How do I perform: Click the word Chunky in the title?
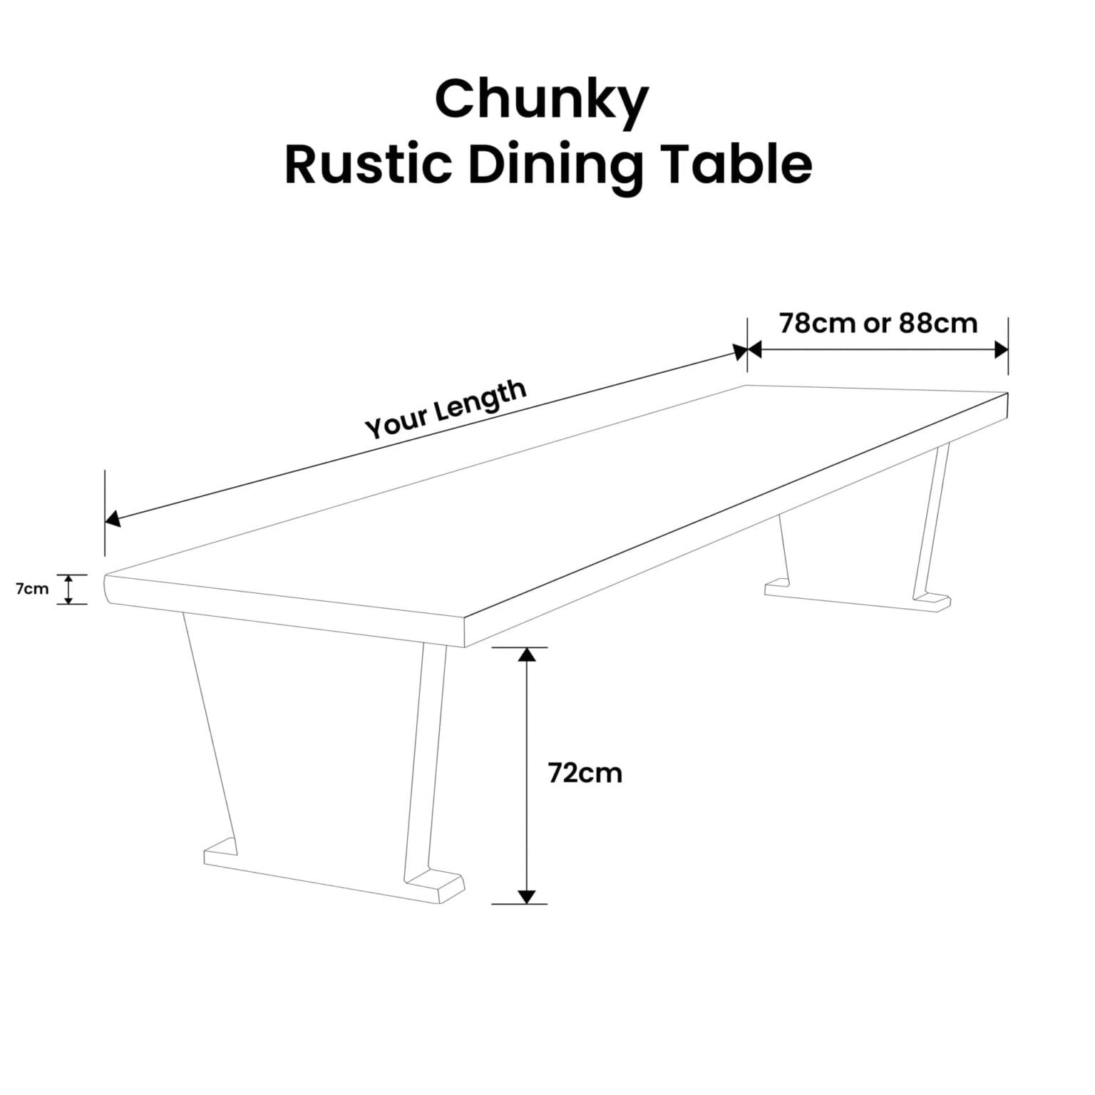pos(541,101)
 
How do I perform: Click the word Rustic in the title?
pos(367,165)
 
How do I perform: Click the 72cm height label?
pos(585,773)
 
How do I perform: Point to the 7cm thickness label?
pos(32,589)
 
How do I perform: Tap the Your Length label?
pos(446,409)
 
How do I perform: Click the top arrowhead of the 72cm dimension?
pos(526,654)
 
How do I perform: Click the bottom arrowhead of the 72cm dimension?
pos(526,897)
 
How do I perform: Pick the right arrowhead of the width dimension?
pos(1001,350)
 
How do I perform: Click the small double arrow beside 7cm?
pos(68,590)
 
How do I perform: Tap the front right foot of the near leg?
pos(435,886)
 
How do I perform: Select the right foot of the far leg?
pos(932,601)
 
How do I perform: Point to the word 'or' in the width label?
pos(877,324)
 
